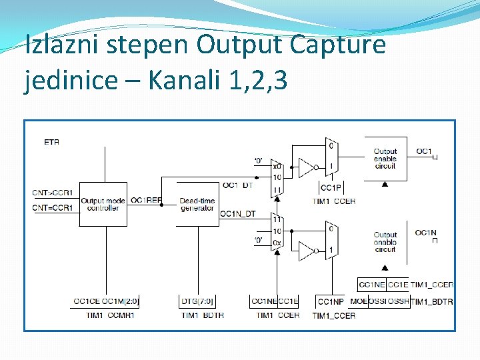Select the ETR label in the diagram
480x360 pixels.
(x=51, y=142)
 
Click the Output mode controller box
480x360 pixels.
(x=103, y=204)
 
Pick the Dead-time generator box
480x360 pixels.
(x=197, y=204)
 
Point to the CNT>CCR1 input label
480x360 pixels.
(x=53, y=193)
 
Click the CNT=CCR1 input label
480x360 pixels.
(x=53, y=208)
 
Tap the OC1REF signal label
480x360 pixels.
(x=146, y=200)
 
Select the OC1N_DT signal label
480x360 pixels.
(x=237, y=213)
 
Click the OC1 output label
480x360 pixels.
(x=424, y=151)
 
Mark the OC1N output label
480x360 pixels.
(x=425, y=233)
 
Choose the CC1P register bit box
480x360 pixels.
(x=331, y=188)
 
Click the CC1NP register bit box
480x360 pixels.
(x=330, y=302)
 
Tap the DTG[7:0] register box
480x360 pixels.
(x=197, y=302)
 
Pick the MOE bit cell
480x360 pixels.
(x=358, y=302)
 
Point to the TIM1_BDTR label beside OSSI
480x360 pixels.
(x=432, y=302)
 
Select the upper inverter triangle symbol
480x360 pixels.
(x=306, y=167)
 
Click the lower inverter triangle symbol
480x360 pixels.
(x=306, y=251)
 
